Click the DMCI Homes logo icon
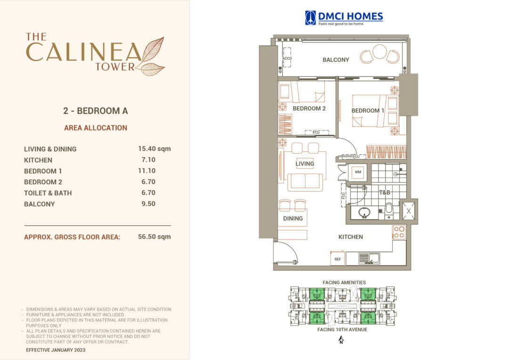tap(311, 18)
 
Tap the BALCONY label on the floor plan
tap(336, 60)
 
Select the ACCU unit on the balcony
tap(287, 58)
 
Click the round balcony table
tap(379, 51)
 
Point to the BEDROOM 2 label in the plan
tap(309, 108)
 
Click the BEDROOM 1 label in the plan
tap(368, 111)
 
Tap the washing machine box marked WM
tap(358, 172)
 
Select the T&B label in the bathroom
tap(385, 192)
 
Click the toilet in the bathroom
tap(389, 210)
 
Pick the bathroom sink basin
tap(363, 213)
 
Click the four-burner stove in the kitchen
tap(399, 232)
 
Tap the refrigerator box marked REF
tap(337, 259)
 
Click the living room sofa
tap(305, 181)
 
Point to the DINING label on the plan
tap(293, 219)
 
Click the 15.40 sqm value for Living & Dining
tap(151, 149)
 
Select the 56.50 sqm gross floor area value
tap(151, 237)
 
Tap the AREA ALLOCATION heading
tap(96, 128)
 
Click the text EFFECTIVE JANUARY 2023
tap(56, 350)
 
